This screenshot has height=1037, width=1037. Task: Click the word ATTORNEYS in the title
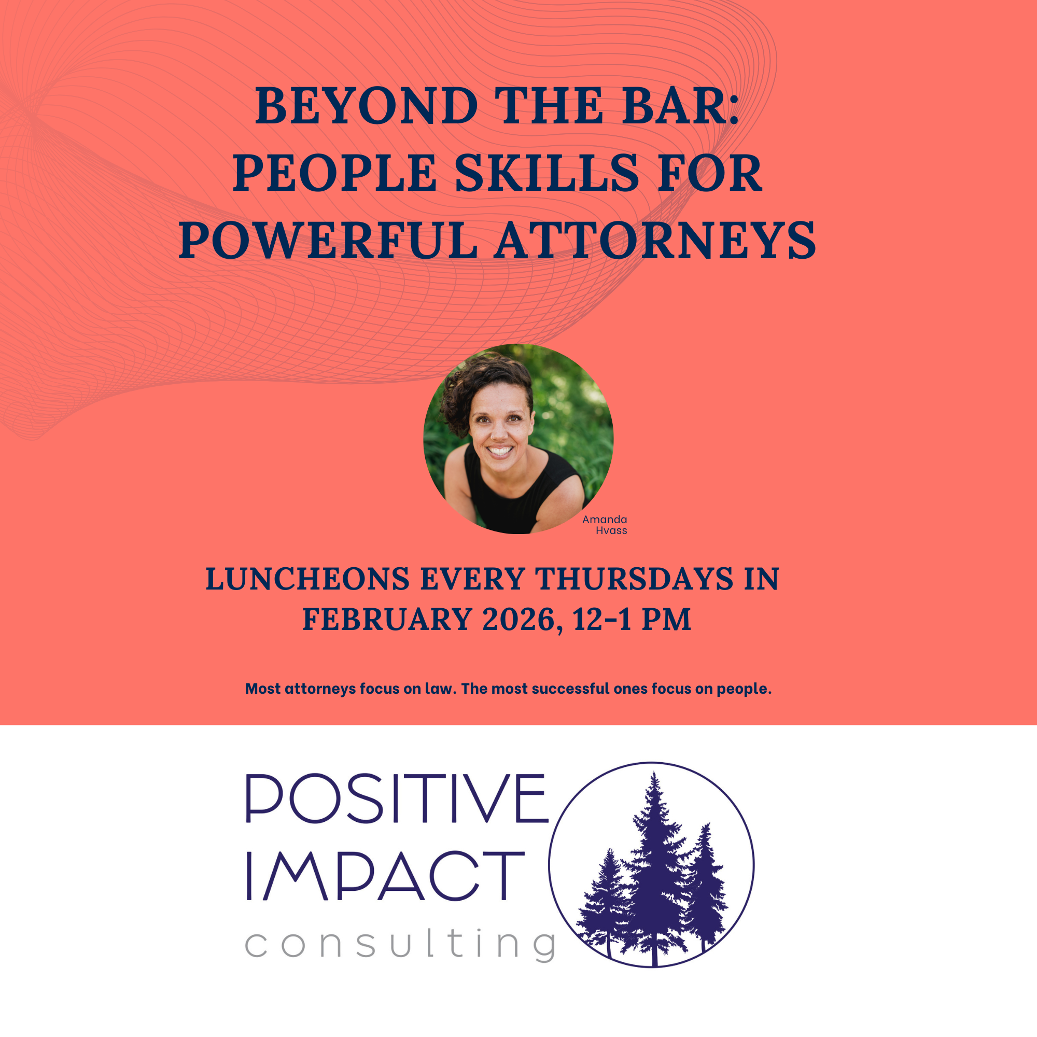coord(655,241)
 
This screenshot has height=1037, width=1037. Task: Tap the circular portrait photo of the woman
coord(518,439)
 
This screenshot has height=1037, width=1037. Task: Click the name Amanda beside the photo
coord(605,520)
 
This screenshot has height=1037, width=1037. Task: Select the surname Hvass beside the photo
coord(611,531)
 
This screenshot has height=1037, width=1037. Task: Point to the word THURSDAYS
coord(635,579)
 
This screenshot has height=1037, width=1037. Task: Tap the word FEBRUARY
coord(387,620)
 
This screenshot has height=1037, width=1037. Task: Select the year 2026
coord(518,620)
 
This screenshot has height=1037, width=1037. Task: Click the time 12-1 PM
coord(631,620)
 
